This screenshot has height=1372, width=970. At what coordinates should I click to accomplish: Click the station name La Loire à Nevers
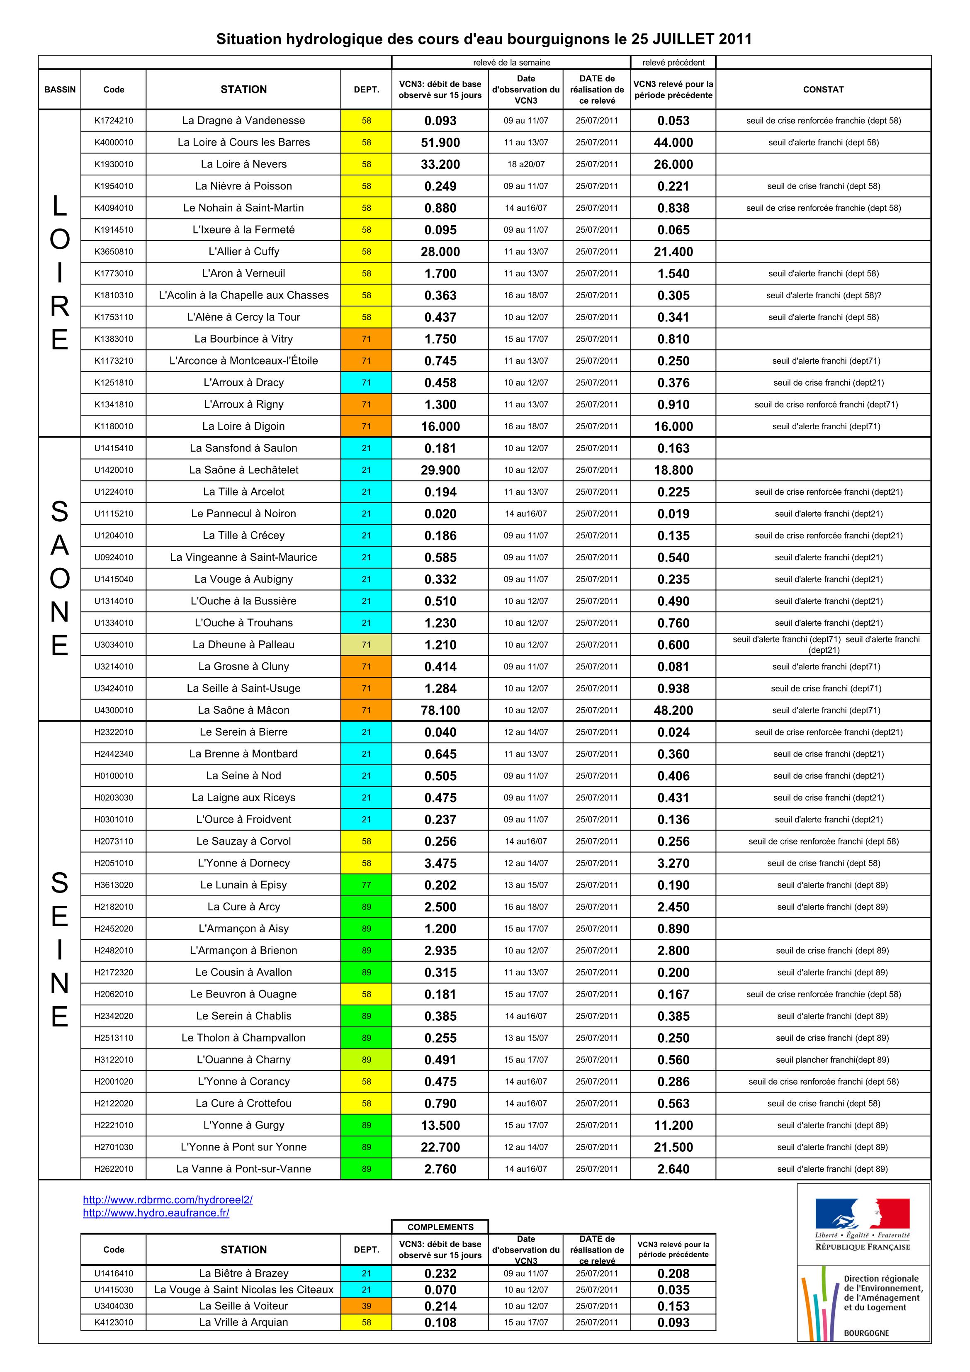243,164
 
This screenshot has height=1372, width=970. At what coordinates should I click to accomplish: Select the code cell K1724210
114,121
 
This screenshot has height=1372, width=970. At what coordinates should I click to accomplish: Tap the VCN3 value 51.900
440,143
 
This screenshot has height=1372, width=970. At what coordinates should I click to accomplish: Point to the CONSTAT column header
823,90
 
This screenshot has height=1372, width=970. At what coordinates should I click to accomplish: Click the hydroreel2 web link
168,1199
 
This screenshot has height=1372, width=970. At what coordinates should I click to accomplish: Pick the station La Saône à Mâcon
243,710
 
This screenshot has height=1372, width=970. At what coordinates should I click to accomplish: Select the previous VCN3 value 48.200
673,710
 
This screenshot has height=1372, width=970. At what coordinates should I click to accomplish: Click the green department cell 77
366,885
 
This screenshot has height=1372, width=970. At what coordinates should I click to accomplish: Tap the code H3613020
114,885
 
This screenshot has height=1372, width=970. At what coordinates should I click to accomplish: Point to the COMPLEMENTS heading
440,1227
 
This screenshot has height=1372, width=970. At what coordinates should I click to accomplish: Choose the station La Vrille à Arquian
243,1322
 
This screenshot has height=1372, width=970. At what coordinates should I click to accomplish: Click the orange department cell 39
366,1306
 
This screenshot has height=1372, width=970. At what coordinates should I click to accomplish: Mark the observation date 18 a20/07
526,164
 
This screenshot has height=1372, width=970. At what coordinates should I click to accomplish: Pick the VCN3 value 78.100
440,710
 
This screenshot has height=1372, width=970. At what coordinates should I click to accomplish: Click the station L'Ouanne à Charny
243,1060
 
